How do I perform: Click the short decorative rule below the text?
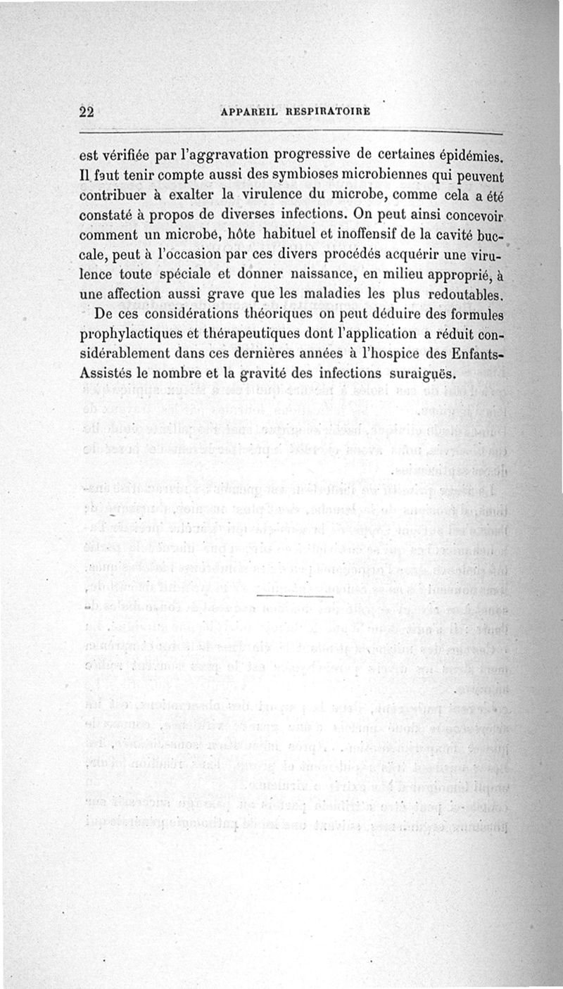[296, 597]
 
